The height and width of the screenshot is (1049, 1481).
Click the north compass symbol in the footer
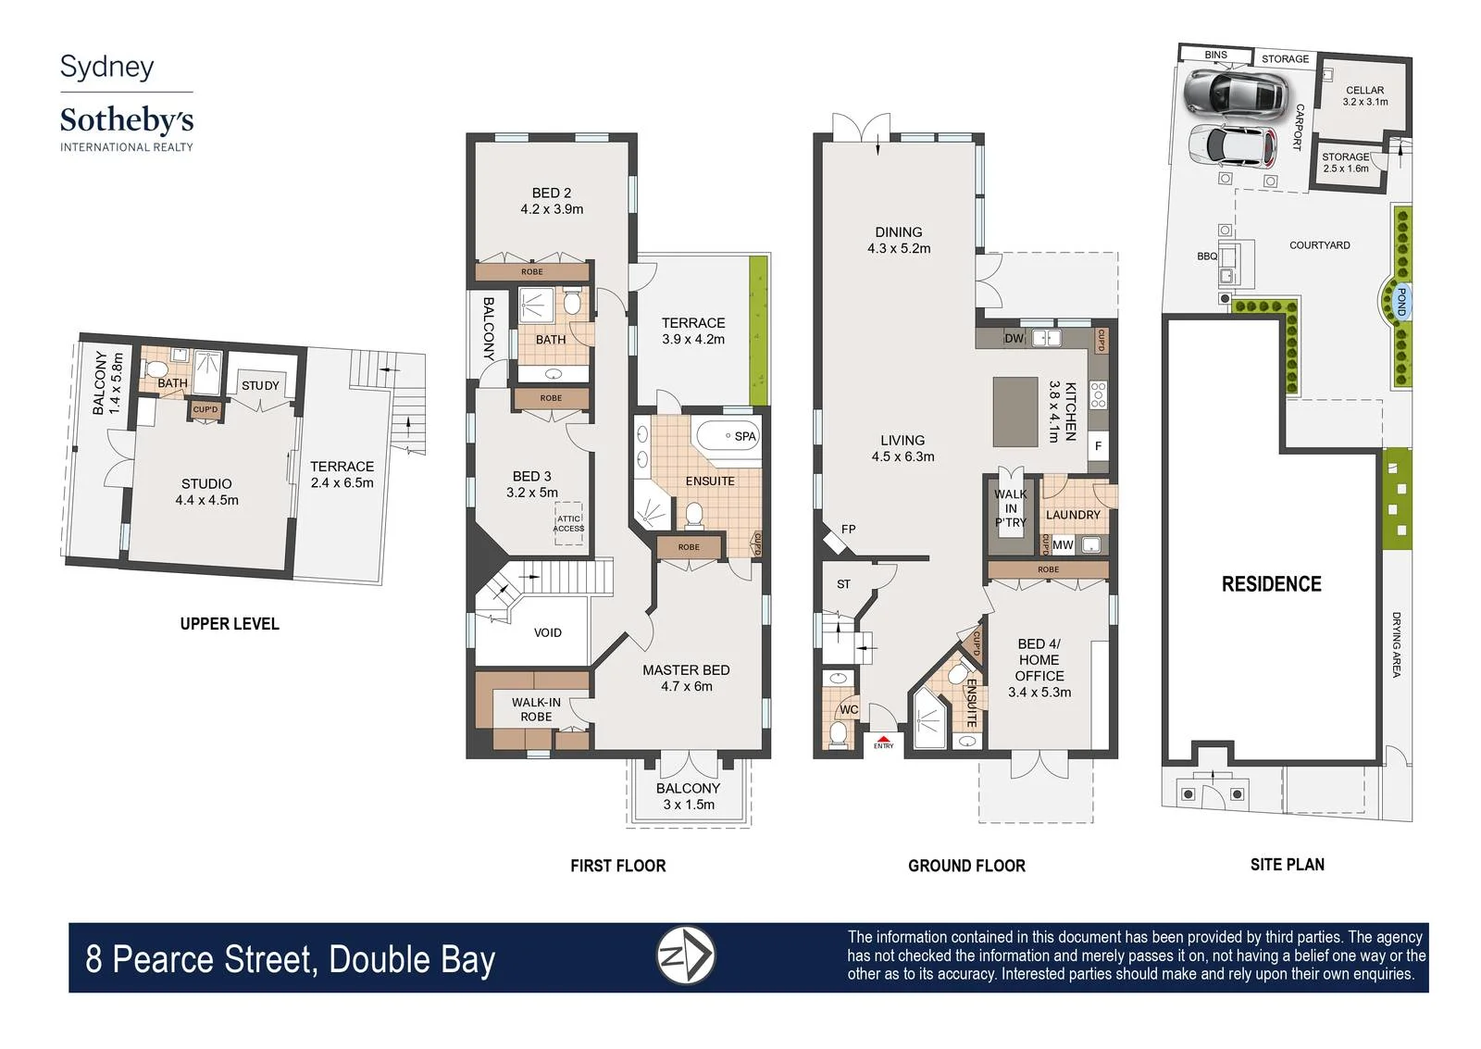[686, 955]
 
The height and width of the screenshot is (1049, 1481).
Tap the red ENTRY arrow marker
[883, 740]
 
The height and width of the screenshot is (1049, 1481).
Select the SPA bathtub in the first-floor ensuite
[726, 435]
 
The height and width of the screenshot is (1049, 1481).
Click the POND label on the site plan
[1400, 302]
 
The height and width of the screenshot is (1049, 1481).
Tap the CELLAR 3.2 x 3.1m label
[1365, 96]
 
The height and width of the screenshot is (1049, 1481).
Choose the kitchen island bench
[1015, 412]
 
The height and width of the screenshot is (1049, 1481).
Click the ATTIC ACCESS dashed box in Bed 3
[568, 523]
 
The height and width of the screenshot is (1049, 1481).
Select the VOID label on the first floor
[547, 633]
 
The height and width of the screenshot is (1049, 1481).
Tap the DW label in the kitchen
[1014, 339]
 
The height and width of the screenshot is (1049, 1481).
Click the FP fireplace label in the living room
[848, 530]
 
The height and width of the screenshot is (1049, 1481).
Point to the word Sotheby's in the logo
[127, 120]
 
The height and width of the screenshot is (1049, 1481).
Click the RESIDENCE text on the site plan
[1272, 584]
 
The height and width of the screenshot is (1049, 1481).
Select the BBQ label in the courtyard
[1207, 256]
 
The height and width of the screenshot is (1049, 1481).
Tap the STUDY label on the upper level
[260, 385]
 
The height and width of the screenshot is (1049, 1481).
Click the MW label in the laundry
[1063, 545]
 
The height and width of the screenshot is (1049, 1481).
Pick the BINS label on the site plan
[1215, 55]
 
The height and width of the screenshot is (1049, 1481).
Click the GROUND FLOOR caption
[966, 866]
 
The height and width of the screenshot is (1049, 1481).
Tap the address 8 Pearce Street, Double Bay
[291, 960]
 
